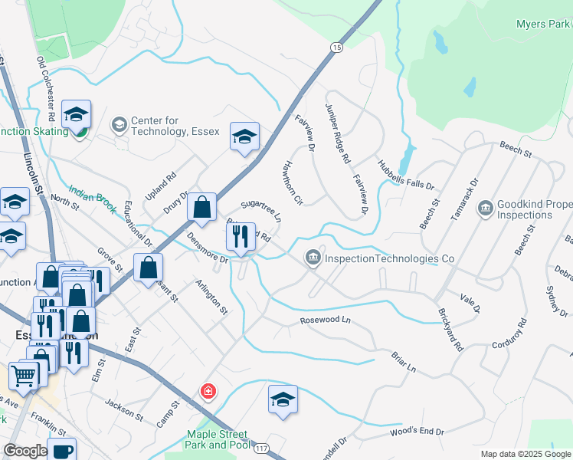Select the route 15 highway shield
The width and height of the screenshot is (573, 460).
[x=336, y=48]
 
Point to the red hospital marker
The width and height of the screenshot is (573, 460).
[x=207, y=392]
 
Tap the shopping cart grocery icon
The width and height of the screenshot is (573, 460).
[x=24, y=375]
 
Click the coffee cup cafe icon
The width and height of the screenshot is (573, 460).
[x=61, y=450]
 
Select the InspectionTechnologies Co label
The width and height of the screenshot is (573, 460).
[x=389, y=258]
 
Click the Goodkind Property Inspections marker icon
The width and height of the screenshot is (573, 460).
[x=484, y=208]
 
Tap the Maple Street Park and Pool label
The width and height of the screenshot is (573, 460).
[x=218, y=439]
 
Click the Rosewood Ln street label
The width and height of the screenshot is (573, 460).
[x=325, y=320]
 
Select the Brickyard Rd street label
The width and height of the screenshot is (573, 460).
[x=451, y=330]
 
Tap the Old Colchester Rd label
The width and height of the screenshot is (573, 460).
[x=47, y=90]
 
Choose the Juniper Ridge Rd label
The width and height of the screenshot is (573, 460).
[x=338, y=133]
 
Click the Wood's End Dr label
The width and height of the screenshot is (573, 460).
[x=417, y=432]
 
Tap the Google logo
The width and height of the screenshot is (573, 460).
[x=25, y=451]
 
